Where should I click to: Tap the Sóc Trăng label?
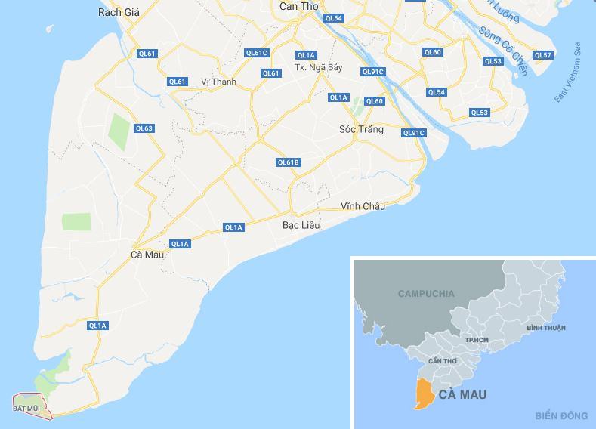362,129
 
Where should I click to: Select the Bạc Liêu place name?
301,225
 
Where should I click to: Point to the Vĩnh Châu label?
363,206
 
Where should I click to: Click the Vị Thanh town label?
219,82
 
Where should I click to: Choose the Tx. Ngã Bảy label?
318,67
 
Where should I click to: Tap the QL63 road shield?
144,128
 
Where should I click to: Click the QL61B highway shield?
289,162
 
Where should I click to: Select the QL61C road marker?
258,53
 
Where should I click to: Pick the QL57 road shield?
543,55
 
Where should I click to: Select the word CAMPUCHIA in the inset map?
426,293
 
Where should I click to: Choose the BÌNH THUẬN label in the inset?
546,328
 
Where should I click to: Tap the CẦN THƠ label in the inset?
442,361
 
